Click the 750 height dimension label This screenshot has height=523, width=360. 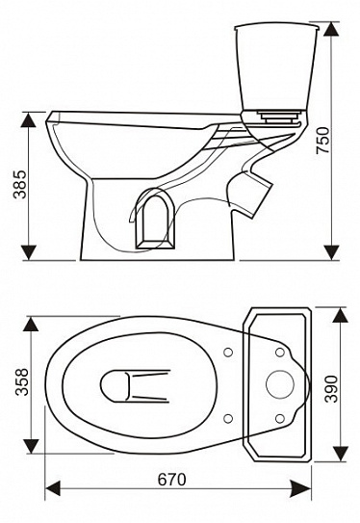click(323, 140)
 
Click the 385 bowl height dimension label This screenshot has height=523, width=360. click(19, 185)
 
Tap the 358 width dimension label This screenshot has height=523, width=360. click(22, 381)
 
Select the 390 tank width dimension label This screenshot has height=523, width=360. click(332, 389)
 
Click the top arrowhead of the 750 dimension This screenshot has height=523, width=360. click(331, 30)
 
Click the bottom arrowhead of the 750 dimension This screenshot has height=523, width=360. click(331, 252)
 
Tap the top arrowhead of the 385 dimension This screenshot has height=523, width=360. click(28, 119)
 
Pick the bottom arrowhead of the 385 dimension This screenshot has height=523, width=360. click(28, 252)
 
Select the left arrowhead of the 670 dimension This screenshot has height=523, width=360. click(53, 488)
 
